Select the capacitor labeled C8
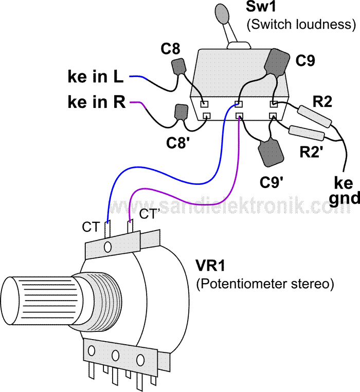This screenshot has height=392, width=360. click(178, 67)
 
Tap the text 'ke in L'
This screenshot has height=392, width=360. click(95, 77)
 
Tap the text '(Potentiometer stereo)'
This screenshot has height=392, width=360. click(265, 284)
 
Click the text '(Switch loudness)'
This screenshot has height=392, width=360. click(301, 24)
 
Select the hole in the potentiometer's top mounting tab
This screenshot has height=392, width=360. click(107, 248)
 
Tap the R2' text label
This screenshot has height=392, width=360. click(313, 152)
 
